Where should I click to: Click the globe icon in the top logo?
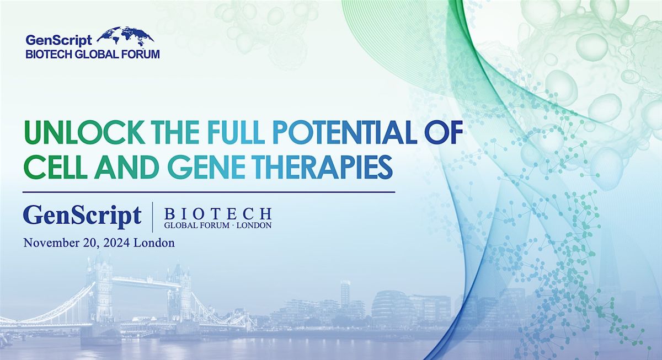click(125, 36)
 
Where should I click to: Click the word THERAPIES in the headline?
click(306, 167)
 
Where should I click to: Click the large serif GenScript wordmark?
click(82, 217)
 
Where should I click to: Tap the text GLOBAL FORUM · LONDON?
click(218, 225)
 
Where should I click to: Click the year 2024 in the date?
click(113, 243)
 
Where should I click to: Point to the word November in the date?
click(49, 243)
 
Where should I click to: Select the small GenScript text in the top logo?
click(59, 40)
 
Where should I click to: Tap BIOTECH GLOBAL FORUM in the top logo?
click(93, 54)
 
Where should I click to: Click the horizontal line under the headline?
click(209, 192)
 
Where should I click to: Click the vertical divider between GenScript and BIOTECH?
click(152, 217)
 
